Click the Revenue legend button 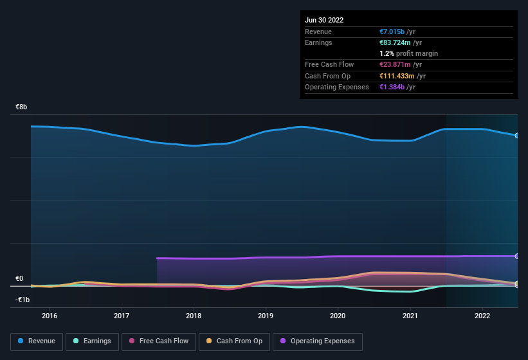coord(37,341)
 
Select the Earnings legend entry coord(92,341)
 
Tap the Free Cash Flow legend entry coord(158,341)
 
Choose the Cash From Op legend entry coord(235,341)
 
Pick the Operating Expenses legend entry coord(318,341)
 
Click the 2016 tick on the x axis coord(50,316)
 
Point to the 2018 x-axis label coord(194,316)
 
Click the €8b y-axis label coord(22,107)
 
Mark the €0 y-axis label coord(19,279)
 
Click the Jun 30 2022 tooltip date coord(324,20)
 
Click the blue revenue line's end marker coord(517,136)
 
